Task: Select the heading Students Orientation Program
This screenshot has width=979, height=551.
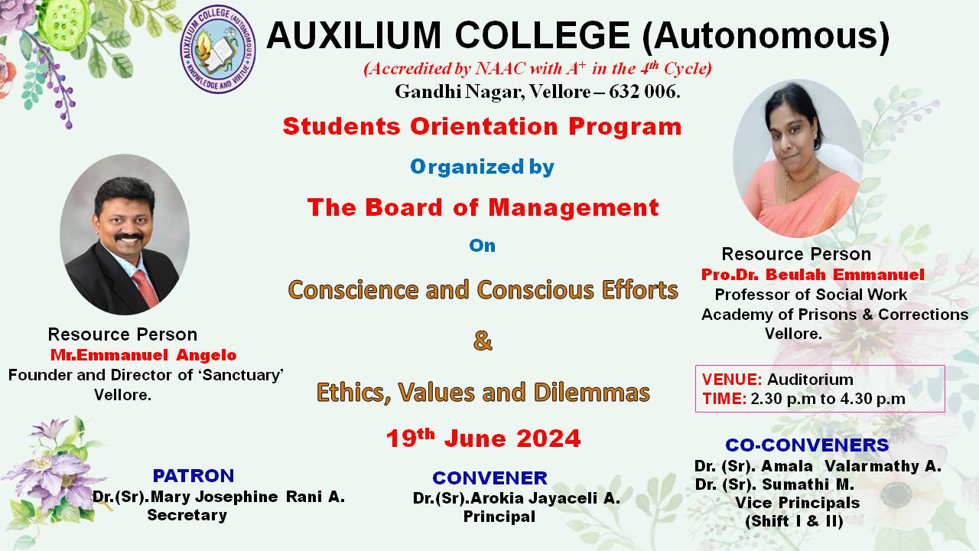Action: [x=482, y=126]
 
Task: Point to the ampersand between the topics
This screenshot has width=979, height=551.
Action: [x=483, y=341]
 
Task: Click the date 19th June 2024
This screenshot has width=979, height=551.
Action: [x=483, y=438]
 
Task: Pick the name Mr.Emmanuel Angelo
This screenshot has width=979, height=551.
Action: [x=143, y=355]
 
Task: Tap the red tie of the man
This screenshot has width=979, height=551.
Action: [x=145, y=286]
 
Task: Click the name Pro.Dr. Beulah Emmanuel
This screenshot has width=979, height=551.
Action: [x=812, y=274]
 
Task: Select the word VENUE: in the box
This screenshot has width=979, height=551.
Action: [x=732, y=380]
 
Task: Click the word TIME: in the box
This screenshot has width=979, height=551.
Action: [x=724, y=398]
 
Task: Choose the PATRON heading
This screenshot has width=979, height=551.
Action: [x=193, y=476]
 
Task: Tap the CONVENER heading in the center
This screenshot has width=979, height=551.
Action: [x=489, y=478]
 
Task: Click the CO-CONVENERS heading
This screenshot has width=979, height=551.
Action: [x=807, y=445]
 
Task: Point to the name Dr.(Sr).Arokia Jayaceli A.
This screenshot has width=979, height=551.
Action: [x=516, y=498]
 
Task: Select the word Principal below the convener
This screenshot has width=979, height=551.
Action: [x=499, y=517]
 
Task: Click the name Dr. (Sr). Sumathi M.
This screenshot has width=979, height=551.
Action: [x=774, y=484]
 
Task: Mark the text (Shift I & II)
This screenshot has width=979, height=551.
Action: [x=794, y=521]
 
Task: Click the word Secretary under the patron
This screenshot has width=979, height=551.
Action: [x=187, y=515]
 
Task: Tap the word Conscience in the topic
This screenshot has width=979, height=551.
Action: [x=342, y=290]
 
